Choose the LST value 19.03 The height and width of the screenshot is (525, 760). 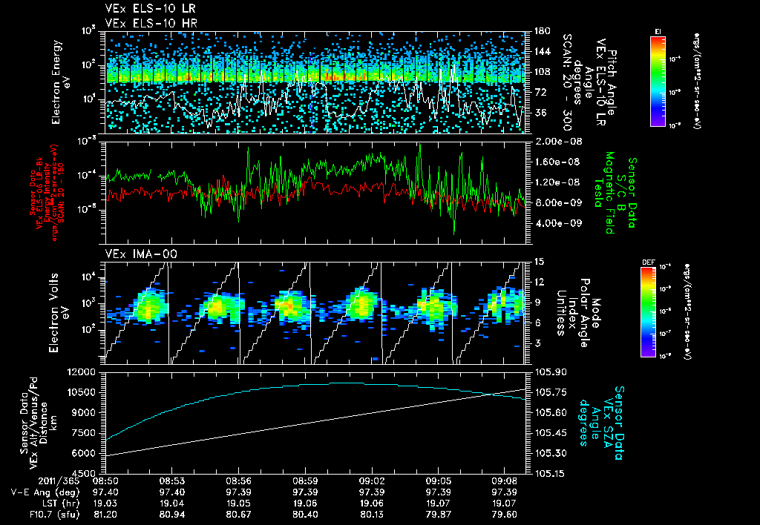click(x=105, y=501)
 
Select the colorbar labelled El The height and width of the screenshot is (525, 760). click(x=658, y=82)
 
